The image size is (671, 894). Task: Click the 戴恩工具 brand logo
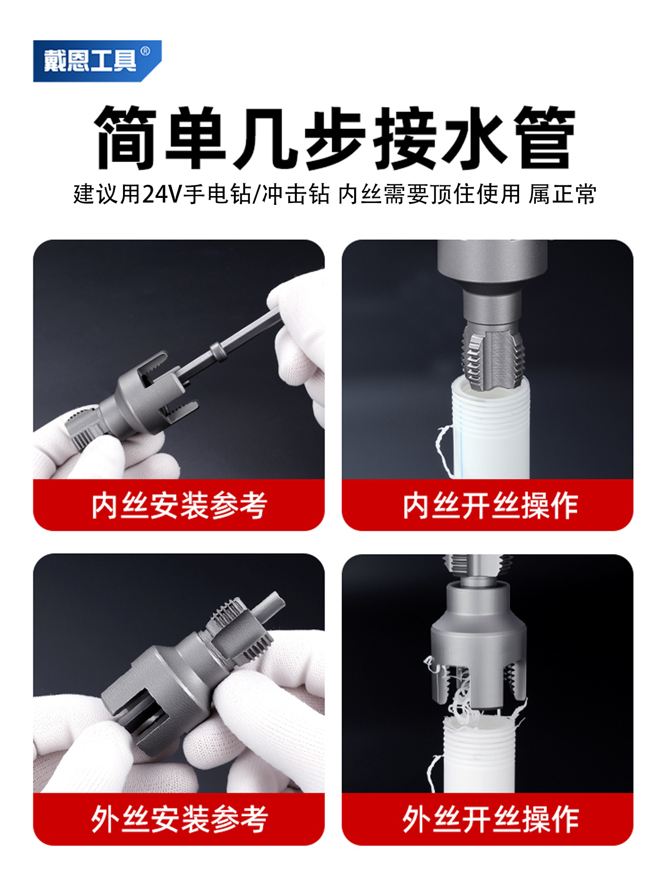pyautogui.click(x=97, y=61)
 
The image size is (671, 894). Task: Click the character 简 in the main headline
pyautogui.click(x=125, y=138)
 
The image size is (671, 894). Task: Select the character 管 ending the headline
pyautogui.click(x=545, y=138)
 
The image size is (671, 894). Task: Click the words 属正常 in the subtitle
pyautogui.click(x=562, y=194)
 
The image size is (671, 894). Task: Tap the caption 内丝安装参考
pyautogui.click(x=179, y=505)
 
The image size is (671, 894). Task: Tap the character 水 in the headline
pyautogui.click(x=474, y=138)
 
